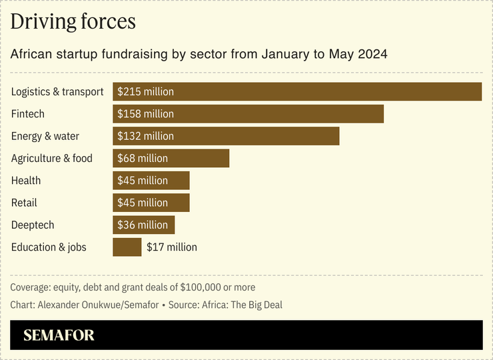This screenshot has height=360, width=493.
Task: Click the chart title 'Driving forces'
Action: coord(73,22)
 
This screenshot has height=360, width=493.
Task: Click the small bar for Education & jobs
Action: coord(127,247)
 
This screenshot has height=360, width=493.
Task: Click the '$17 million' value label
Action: coord(172,247)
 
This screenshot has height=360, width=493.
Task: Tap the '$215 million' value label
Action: coord(145,92)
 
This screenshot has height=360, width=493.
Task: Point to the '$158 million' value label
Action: coord(145,114)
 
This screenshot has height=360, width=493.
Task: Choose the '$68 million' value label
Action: coord(143,159)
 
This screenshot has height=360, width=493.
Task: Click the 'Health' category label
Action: coord(26,181)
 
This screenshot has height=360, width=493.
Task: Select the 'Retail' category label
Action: coord(24,203)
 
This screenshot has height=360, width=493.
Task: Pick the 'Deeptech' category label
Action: coord(33,225)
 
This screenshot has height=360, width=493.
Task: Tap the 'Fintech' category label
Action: coord(28,114)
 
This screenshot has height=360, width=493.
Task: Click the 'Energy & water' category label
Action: coord(45,136)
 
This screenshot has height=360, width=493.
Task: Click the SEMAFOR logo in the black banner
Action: coord(59,335)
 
